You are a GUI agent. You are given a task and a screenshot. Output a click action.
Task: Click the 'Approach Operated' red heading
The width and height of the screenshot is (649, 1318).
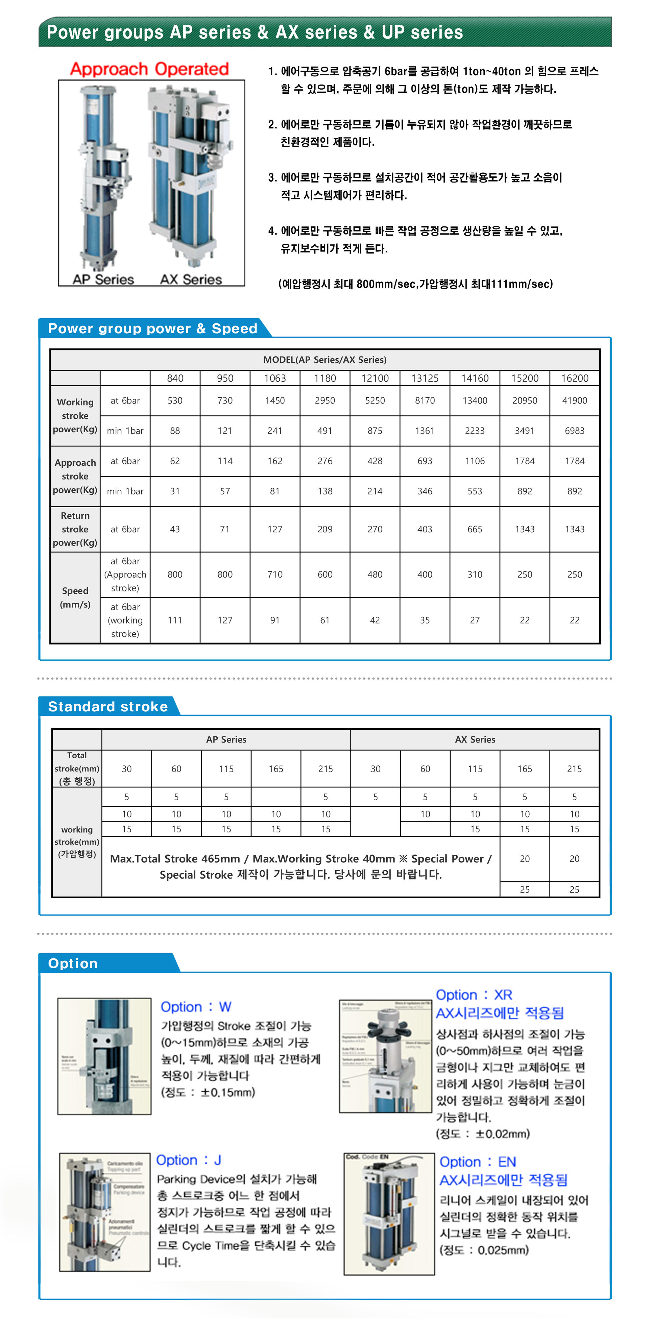[x=149, y=69]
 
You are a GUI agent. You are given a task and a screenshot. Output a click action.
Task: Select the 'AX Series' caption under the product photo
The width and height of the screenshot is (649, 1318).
[x=191, y=279]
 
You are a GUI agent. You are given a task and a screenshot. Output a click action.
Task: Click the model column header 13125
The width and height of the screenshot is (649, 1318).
[x=425, y=378]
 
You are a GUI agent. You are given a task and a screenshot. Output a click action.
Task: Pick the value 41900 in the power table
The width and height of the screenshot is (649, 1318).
[x=574, y=400]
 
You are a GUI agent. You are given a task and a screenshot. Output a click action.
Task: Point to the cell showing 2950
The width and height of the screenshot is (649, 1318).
[x=324, y=400]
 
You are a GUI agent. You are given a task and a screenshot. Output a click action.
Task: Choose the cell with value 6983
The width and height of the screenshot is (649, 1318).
[x=574, y=431]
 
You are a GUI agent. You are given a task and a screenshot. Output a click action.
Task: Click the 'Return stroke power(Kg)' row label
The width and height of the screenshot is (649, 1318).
[x=75, y=529]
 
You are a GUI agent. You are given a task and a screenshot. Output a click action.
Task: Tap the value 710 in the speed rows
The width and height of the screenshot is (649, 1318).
[x=275, y=575]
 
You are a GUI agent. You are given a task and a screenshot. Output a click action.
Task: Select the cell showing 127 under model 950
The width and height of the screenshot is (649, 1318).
[x=225, y=620]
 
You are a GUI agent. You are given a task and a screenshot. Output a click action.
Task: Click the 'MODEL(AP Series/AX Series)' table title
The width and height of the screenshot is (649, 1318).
[x=324, y=360]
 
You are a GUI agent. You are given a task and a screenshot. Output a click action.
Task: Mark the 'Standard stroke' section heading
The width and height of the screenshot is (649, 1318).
[x=108, y=707]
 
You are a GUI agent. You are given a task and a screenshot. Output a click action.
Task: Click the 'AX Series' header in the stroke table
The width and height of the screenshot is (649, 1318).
[x=475, y=739]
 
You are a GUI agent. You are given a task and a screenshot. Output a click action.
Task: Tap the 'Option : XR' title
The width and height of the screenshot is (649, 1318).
[x=474, y=995]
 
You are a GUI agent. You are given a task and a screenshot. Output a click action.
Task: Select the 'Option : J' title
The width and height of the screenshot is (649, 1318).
[x=188, y=1160]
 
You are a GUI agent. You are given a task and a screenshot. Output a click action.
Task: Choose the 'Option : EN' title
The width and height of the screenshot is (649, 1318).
[x=478, y=1162]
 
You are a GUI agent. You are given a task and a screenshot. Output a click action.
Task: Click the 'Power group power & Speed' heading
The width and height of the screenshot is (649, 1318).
[x=152, y=328]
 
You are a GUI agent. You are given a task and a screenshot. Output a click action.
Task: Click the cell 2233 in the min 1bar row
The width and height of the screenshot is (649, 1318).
[x=475, y=431]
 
